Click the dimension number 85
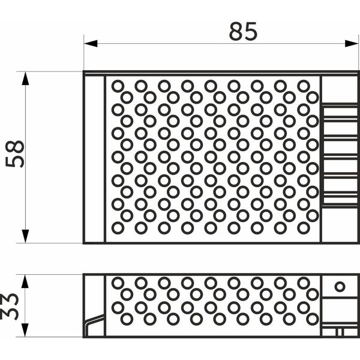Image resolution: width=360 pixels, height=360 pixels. point(243,31)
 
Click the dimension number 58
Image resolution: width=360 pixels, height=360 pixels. point(14,154)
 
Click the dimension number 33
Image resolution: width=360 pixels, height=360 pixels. point(10,306)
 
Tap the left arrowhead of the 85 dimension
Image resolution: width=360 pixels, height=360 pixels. point(91,43)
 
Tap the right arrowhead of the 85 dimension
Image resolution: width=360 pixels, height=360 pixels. point(352,43)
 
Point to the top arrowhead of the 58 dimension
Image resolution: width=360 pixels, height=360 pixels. point(25,79)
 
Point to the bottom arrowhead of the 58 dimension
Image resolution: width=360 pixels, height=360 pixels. point(25,236)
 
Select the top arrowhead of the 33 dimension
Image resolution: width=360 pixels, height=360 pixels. point(25,281)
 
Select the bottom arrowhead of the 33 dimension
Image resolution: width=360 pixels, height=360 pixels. point(25,330)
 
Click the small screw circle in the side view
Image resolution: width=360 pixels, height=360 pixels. point(340,287)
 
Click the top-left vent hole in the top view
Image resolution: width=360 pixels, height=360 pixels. point(118,86)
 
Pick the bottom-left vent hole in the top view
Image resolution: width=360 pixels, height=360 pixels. point(118,228)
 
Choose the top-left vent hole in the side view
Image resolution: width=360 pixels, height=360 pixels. point(118,283)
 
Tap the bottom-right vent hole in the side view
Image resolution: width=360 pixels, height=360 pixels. point(312,319)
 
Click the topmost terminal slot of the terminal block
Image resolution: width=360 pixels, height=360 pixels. point(340,112)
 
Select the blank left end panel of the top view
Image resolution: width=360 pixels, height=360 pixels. point(94,159)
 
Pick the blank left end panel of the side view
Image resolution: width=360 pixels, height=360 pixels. point(94,295)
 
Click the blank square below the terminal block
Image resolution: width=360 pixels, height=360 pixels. point(340,224)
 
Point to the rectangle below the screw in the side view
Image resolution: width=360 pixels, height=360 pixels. point(340,310)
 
